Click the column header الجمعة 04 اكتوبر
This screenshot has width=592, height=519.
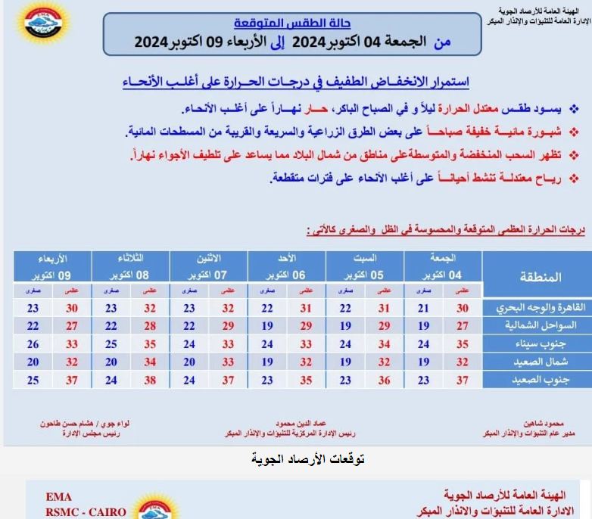[x=443, y=266]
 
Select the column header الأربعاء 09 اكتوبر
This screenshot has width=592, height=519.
[x=50, y=266]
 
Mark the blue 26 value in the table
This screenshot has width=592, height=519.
[x=33, y=343]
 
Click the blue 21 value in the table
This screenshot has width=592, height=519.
[x=424, y=309]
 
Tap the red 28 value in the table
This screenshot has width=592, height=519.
[x=149, y=326]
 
